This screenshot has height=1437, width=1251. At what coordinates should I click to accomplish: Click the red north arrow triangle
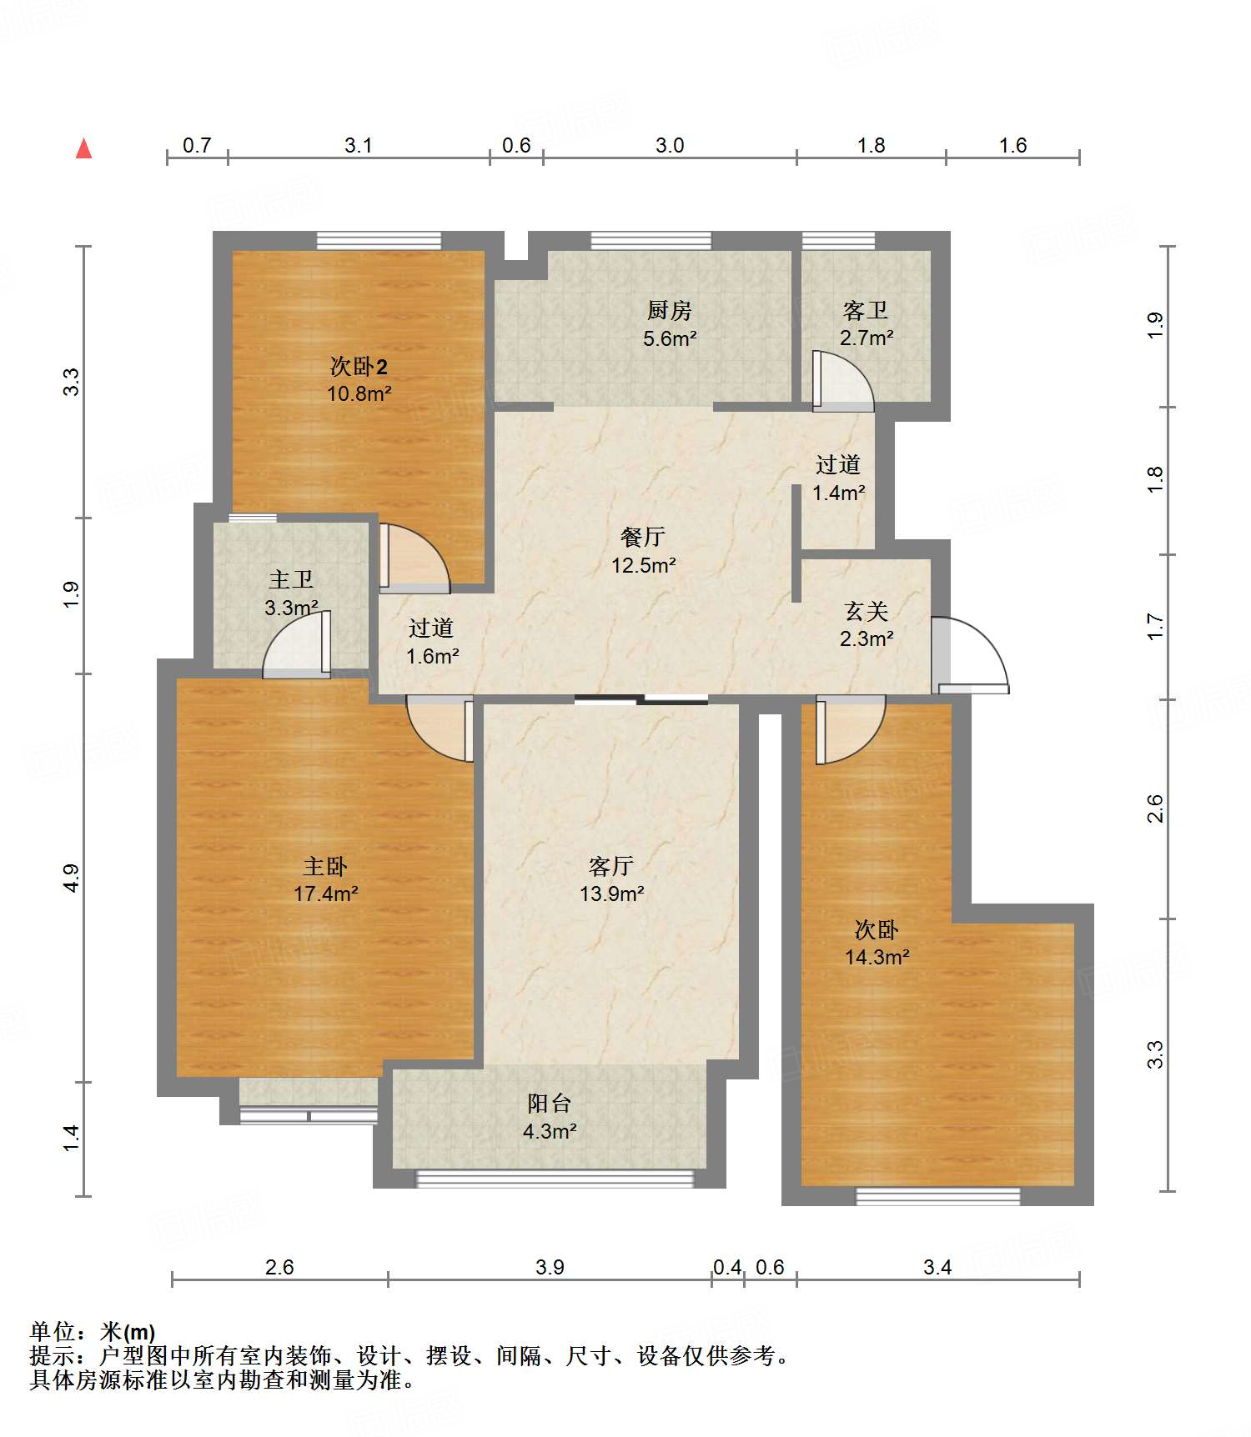click(x=83, y=148)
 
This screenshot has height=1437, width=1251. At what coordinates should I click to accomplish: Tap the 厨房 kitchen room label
click(x=670, y=311)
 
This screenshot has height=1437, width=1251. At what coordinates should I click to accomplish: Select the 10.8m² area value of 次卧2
click(x=359, y=393)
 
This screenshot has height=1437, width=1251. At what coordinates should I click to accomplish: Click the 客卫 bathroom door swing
click(x=843, y=382)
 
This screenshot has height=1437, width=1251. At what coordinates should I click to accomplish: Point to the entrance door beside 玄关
click(x=970, y=655)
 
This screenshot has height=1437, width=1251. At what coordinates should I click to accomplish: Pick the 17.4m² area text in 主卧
click(x=326, y=894)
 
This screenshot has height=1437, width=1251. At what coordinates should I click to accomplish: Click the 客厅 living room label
click(x=611, y=867)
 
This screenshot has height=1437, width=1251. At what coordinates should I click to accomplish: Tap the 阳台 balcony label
click(x=550, y=1104)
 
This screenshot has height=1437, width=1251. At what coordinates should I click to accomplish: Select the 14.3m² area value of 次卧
click(x=877, y=957)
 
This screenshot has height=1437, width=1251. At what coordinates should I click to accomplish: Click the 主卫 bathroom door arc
click(x=296, y=643)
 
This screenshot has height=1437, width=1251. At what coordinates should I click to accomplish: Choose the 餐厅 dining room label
click(x=643, y=537)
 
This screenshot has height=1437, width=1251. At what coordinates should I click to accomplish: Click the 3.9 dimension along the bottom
click(x=550, y=1268)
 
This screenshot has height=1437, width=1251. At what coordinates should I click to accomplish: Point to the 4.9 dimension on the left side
click(x=72, y=879)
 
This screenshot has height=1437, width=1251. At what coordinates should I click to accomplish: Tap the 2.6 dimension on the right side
click(x=1155, y=809)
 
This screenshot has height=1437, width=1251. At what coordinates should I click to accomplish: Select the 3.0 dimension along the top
click(x=670, y=146)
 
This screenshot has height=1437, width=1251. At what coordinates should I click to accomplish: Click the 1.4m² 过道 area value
click(x=839, y=493)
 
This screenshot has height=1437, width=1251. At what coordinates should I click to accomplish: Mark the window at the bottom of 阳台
click(x=555, y=1178)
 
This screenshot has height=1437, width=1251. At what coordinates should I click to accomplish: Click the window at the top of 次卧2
click(x=379, y=240)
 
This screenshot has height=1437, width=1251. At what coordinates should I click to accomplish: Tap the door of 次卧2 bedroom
click(x=414, y=558)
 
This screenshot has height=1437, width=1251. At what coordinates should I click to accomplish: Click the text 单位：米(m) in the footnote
click(x=93, y=1332)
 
